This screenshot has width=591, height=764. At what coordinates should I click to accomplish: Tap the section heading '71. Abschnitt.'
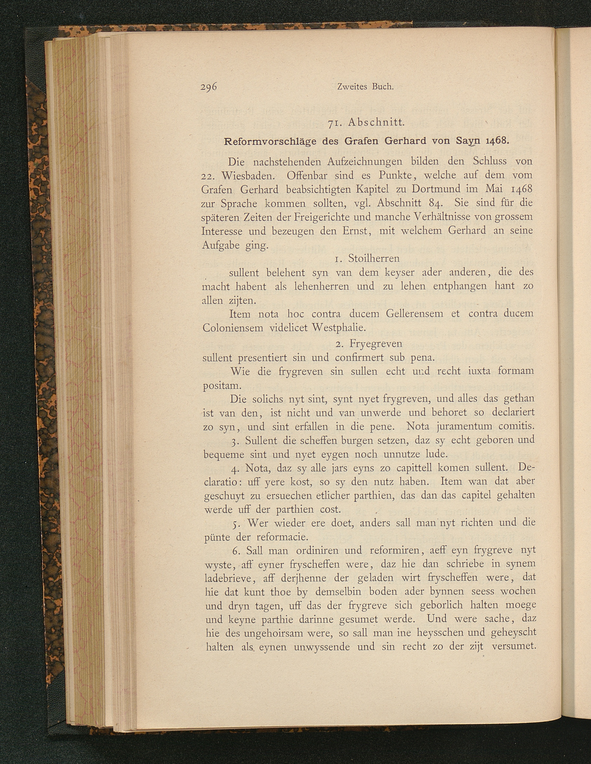pyautogui.click(x=366, y=123)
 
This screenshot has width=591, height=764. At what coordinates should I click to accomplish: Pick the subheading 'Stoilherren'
pyautogui.click(x=374, y=258)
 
